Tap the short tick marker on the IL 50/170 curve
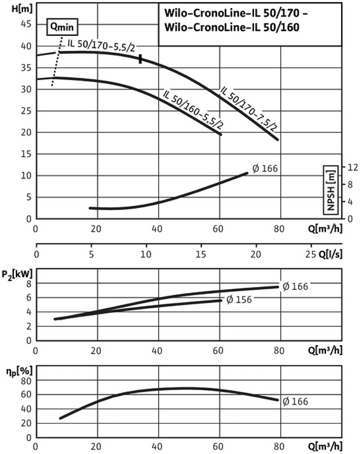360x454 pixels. point(140,59)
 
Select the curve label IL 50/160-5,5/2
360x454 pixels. point(192,110)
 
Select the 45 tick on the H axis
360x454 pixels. point(26,24)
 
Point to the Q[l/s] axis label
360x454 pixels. point(331,254)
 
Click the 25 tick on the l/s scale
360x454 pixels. point(310,254)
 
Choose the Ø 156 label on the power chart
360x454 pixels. point(239,300)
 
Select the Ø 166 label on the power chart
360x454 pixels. point(295,286)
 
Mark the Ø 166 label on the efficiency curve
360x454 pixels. point(295,402)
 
